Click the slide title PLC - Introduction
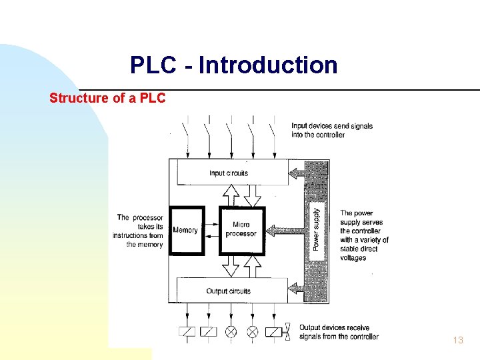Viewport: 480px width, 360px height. [x=233, y=65]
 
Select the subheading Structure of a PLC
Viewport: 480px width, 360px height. [x=107, y=98]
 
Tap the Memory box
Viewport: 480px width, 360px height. [x=185, y=231]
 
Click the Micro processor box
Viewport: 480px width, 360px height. [x=241, y=230]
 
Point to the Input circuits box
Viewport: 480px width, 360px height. [x=229, y=173]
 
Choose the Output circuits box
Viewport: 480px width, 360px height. [x=229, y=291]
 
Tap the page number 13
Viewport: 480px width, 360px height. [x=457, y=340]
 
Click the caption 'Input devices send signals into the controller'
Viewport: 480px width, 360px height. [x=331, y=130]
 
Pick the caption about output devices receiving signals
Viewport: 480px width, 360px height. [x=339, y=332]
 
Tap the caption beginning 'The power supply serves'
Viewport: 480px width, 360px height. [x=364, y=235]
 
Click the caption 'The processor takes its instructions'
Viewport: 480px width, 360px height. [x=140, y=231]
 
